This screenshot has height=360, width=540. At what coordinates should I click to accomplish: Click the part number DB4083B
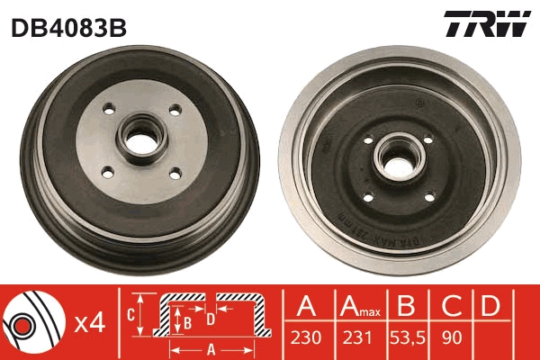[69, 28]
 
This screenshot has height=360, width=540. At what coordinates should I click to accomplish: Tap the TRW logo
[487, 23]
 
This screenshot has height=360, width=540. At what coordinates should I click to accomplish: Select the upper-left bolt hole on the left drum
[109, 110]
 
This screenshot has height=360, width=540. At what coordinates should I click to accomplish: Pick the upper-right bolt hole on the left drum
[175, 110]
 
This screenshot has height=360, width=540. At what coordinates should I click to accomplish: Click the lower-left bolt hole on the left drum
[108, 174]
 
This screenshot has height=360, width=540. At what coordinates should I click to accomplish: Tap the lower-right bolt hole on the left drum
[175, 174]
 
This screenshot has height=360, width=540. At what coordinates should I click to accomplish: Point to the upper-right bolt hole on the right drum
[428, 139]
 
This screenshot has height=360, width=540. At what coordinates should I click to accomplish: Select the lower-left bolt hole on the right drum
[368, 198]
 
